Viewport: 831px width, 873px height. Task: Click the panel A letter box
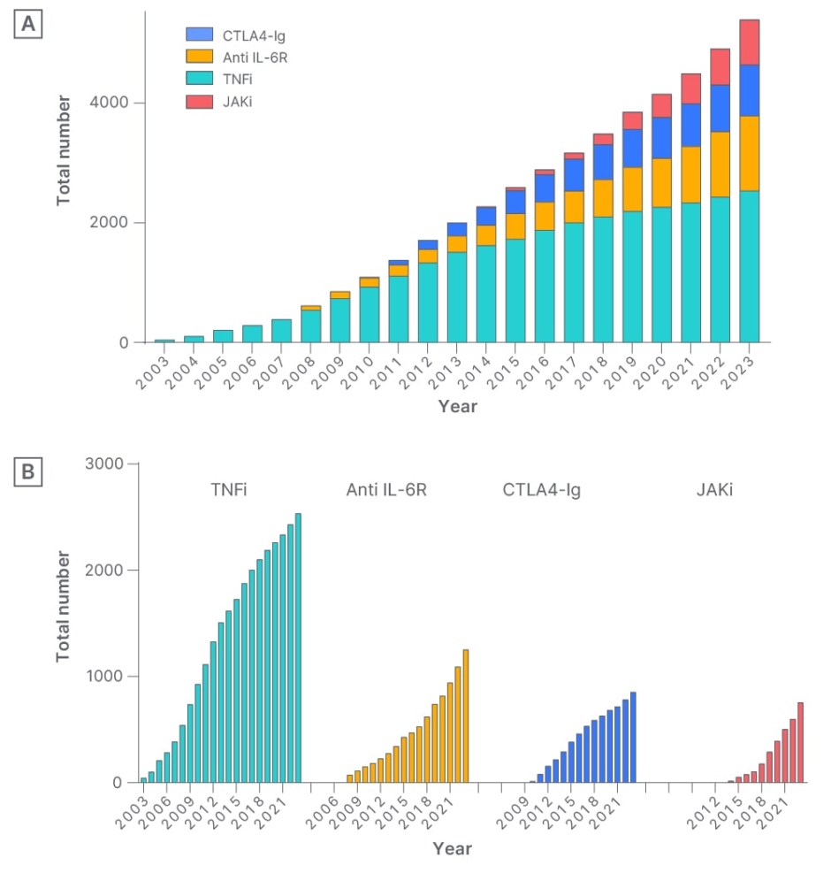[28, 26]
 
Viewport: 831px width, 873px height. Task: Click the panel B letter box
[28, 473]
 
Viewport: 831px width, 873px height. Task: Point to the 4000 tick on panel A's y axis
[111, 103]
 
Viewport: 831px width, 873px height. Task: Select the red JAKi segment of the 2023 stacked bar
[749, 42]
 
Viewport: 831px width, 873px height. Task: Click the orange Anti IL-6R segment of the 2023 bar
[749, 153]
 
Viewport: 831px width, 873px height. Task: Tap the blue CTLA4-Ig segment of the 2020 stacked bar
[661, 138]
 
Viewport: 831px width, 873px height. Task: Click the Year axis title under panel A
[458, 407]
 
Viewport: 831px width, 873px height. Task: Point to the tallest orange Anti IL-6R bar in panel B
[465, 716]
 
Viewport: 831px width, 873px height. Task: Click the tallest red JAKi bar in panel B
[800, 742]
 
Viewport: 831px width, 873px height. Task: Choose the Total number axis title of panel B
[64, 606]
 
